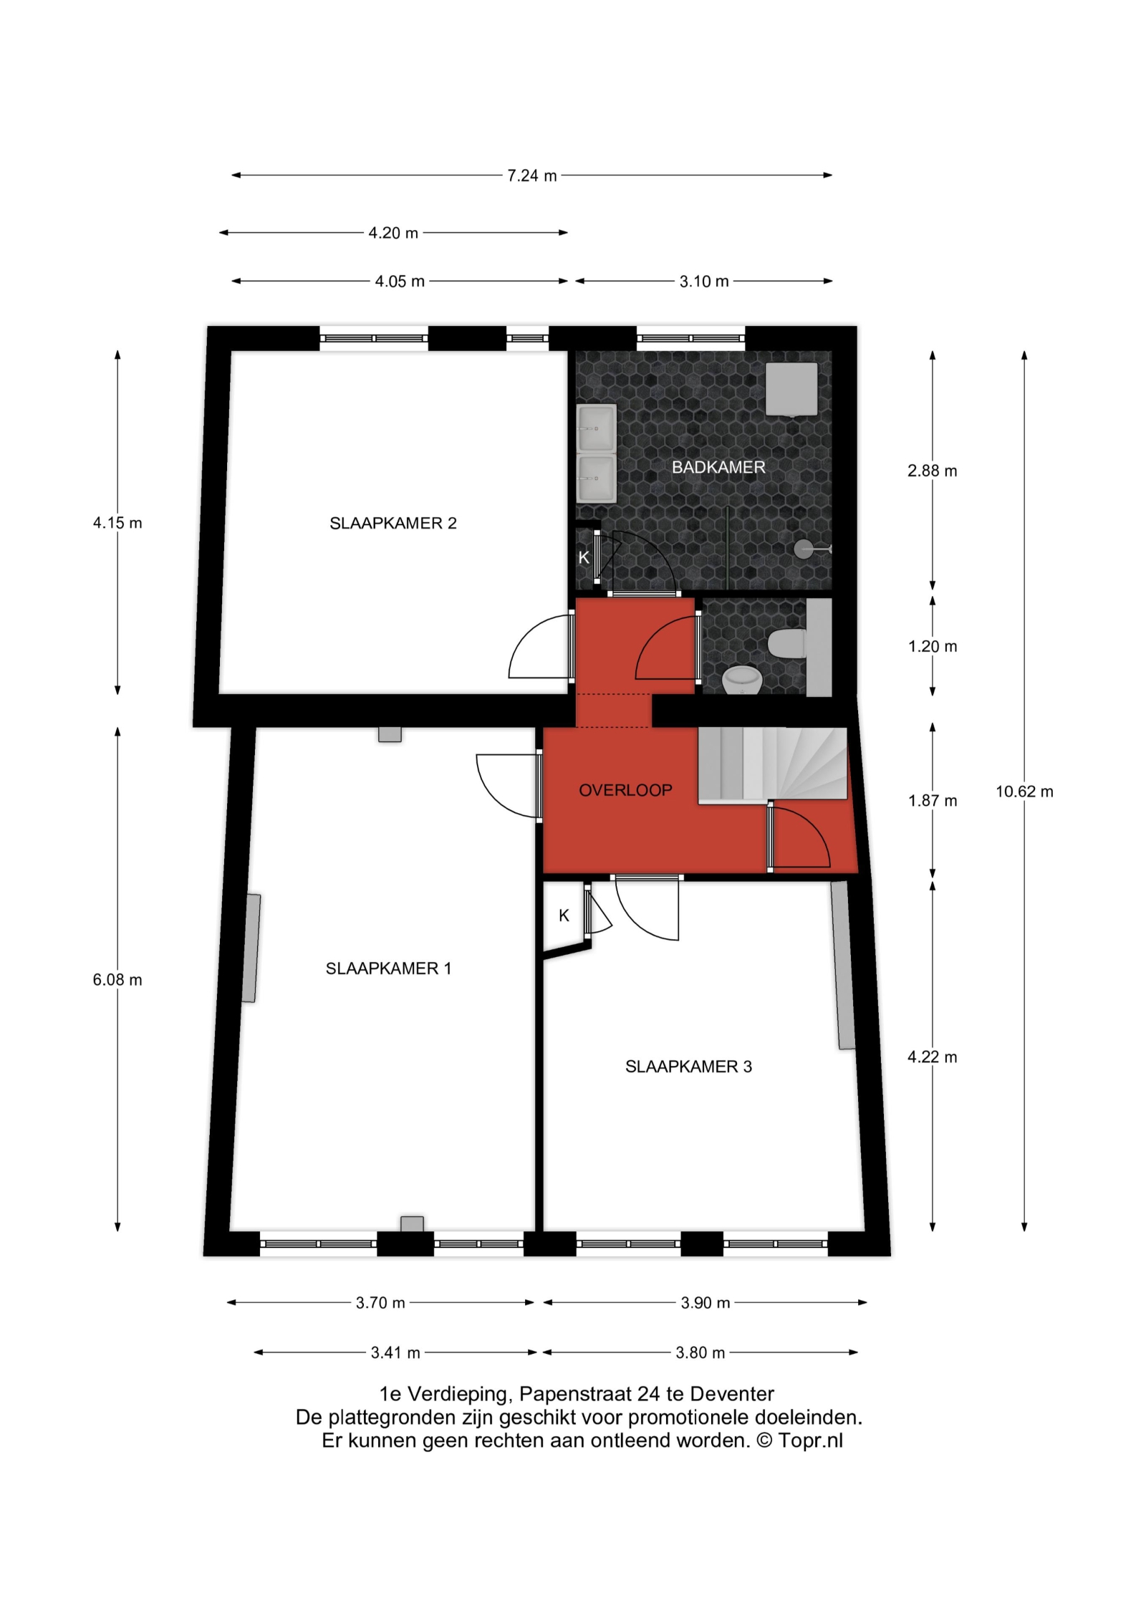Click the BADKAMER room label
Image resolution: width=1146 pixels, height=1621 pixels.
[718, 468]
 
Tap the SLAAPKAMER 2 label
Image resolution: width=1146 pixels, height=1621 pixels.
[393, 524]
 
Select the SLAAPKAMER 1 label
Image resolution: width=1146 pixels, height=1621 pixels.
[388, 968]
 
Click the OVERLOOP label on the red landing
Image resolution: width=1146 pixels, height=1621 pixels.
[625, 790]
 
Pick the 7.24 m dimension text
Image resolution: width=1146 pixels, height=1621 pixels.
[531, 175]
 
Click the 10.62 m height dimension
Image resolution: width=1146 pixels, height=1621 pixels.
[1024, 792]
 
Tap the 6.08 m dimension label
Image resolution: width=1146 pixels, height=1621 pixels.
[117, 980]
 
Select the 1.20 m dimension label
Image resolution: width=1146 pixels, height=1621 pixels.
[933, 646]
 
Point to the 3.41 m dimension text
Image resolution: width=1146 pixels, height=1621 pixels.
[395, 1353]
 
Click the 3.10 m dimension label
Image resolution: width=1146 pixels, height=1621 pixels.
[704, 282]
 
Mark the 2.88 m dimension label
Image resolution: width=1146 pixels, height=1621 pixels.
[933, 471]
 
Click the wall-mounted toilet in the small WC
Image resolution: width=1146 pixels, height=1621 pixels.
[788, 643]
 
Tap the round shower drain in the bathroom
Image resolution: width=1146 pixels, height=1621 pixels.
[801, 548]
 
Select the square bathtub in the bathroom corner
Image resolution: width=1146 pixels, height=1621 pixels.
[791, 389]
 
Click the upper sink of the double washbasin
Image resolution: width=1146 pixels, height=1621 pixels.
[596, 428]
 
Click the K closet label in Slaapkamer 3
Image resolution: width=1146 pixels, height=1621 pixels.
[564, 915]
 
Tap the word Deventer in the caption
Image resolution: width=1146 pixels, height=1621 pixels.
[732, 1405]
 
